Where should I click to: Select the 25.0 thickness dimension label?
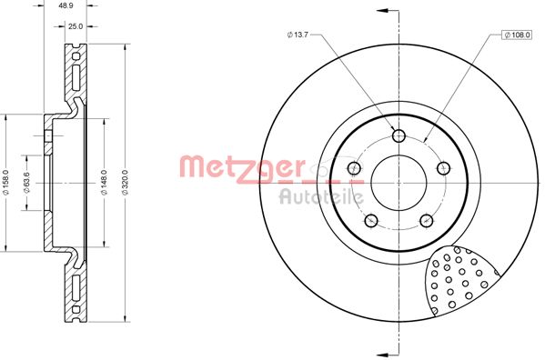[x=76, y=26]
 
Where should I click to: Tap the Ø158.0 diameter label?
[x=5, y=182]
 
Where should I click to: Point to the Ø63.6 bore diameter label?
[x=26, y=183]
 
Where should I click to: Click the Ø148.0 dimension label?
[x=105, y=182]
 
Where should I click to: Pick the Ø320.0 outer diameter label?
[x=126, y=182]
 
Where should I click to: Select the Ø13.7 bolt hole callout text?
[x=298, y=35]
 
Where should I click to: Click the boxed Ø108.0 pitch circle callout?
[x=517, y=35]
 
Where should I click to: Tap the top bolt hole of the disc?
[x=399, y=135]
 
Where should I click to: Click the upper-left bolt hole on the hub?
[x=354, y=168]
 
